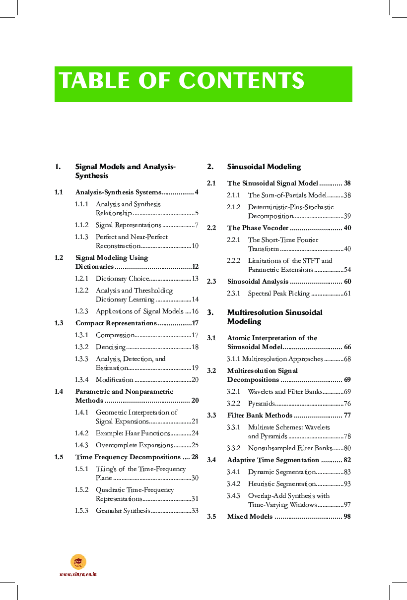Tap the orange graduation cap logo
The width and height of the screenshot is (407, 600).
(78, 562)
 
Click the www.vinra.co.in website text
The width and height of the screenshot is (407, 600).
(78, 574)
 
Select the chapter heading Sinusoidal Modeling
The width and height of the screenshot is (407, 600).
(264, 167)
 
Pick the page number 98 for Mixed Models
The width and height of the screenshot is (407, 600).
(347, 517)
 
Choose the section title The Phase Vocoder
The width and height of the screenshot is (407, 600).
(258, 228)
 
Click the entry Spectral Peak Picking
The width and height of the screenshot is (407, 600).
(278, 294)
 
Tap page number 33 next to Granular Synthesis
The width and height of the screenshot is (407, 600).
(195, 511)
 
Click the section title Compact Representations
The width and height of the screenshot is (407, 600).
(116, 323)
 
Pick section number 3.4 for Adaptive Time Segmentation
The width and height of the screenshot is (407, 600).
(211, 460)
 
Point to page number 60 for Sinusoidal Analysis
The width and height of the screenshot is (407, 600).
(347, 282)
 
